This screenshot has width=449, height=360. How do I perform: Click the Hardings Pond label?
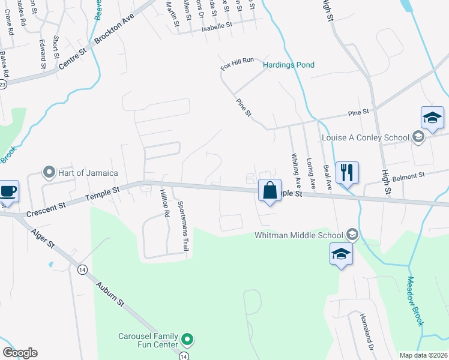[289, 65]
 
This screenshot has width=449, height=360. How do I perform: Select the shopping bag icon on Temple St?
[270, 191]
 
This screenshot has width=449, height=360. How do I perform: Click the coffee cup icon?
[8, 191]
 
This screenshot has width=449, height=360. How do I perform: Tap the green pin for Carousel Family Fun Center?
[187, 340]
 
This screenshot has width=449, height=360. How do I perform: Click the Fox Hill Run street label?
[238, 65]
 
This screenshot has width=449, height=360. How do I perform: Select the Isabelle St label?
[217, 27]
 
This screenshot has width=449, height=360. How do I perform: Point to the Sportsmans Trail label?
[181, 218]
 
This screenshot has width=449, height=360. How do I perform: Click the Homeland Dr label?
[367, 331]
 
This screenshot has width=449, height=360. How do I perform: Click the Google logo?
[20, 353]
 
